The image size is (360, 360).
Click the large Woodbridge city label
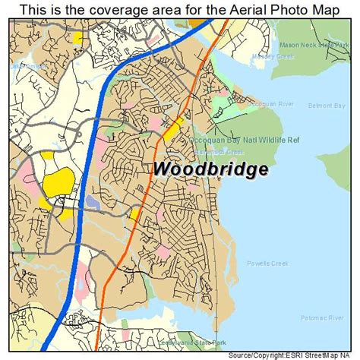point(210,169)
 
